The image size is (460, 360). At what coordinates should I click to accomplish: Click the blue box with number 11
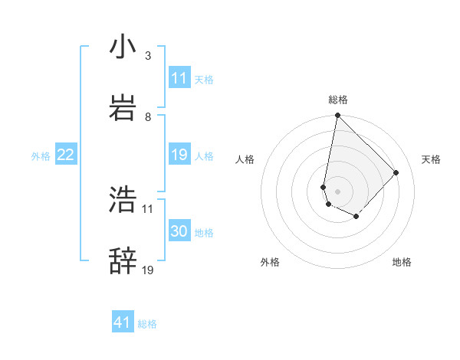click(x=179, y=78)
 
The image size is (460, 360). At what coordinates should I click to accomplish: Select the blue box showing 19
click(x=179, y=155)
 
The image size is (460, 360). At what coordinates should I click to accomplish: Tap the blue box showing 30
click(x=179, y=232)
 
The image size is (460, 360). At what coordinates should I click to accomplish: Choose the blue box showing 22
click(x=65, y=155)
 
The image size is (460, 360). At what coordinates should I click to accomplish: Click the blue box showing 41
click(x=123, y=323)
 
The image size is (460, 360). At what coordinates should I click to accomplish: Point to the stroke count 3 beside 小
click(x=148, y=56)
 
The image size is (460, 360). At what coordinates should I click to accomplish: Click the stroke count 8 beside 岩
click(x=148, y=117)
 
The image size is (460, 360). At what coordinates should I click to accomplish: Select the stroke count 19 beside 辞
click(x=148, y=270)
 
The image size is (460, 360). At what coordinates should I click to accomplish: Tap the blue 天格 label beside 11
click(x=204, y=79)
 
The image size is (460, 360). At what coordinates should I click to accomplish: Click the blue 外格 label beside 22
click(x=41, y=156)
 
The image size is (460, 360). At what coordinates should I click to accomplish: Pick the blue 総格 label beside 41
click(x=147, y=324)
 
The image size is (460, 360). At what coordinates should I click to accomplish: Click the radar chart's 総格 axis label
click(x=338, y=100)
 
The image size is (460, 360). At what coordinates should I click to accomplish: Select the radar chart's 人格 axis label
click(x=245, y=159)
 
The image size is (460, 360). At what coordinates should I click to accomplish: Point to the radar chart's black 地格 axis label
click(x=402, y=262)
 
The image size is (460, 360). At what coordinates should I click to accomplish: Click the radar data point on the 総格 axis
click(x=337, y=116)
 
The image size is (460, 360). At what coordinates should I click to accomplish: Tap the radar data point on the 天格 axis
click(x=396, y=172)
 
